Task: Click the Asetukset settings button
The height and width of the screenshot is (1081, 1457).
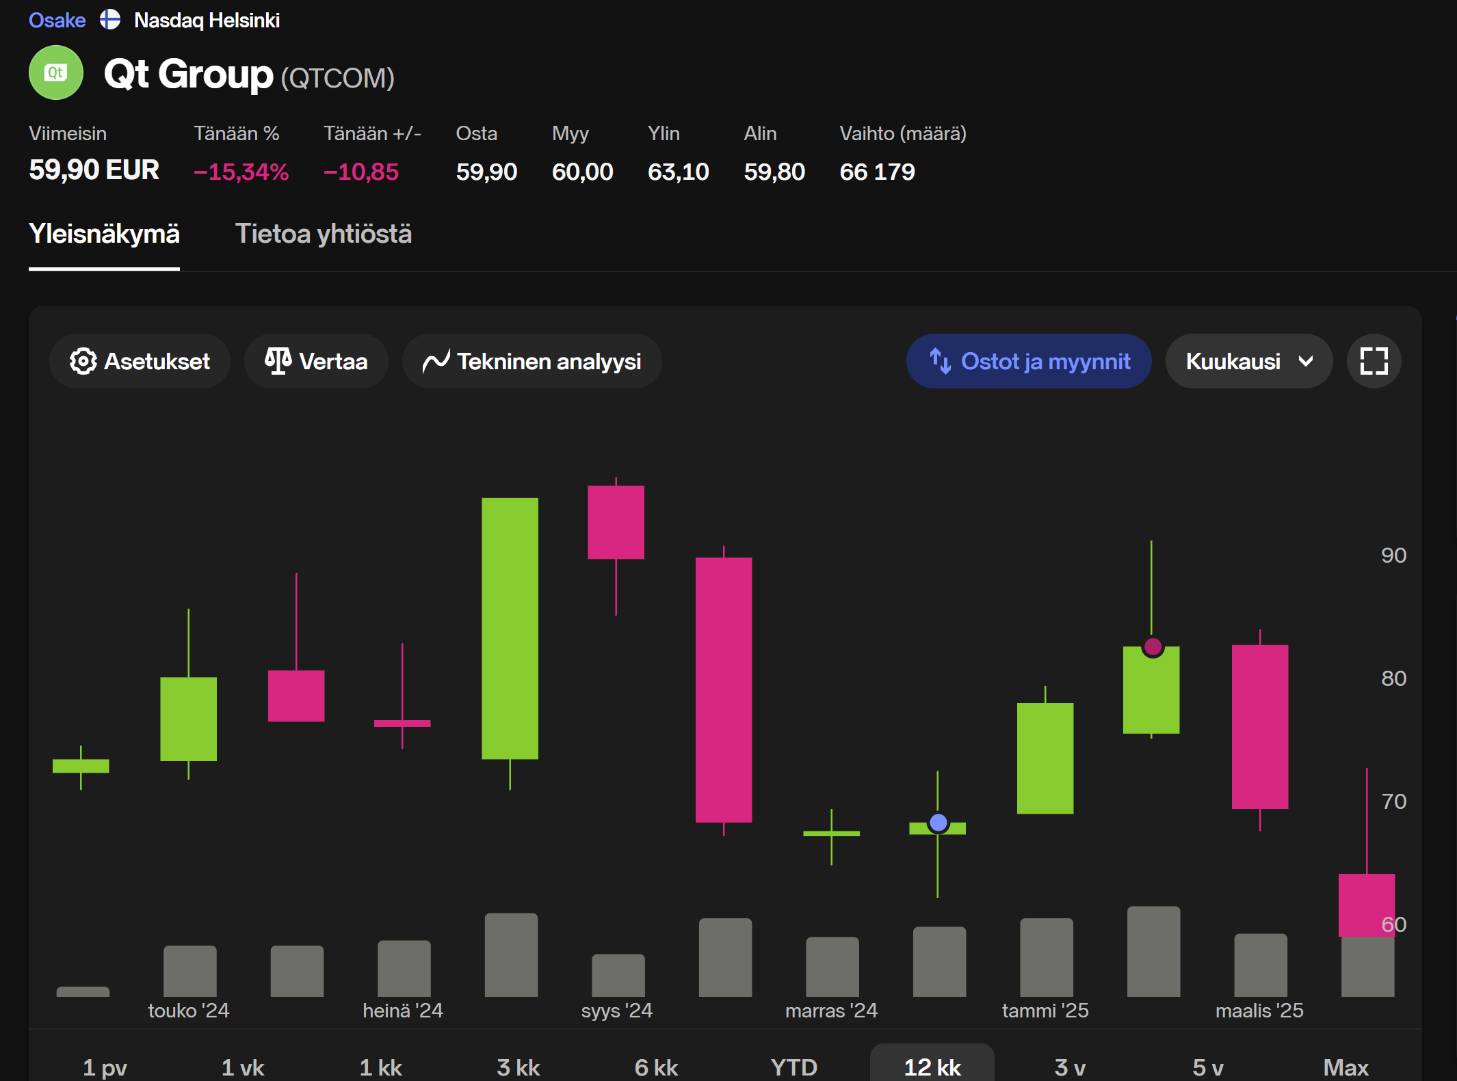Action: [x=140, y=361]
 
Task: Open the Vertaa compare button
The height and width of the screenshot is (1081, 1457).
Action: [x=316, y=361]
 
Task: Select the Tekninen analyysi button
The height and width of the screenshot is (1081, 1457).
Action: [x=532, y=361]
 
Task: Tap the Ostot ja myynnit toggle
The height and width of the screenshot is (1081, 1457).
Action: [x=1029, y=361]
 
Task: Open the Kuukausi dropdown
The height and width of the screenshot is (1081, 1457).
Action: [x=1248, y=361]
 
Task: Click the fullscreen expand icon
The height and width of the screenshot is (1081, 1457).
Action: [x=1374, y=361]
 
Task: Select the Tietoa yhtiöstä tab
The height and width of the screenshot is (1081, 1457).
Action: [x=324, y=234]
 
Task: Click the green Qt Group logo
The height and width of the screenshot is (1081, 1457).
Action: [x=56, y=72]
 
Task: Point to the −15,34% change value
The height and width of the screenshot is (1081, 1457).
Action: [x=241, y=172]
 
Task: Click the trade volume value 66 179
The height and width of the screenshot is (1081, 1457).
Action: [x=877, y=172]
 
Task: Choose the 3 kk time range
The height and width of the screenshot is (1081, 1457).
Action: [x=519, y=1067]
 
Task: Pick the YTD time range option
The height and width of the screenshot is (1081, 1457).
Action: [x=793, y=1067]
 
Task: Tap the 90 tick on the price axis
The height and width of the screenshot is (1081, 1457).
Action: [x=1393, y=555]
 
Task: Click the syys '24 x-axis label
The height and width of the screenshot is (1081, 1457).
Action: [x=616, y=1011]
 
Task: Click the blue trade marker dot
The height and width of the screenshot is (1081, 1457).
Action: [x=938, y=823]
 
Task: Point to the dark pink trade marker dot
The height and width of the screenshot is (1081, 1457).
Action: [x=1153, y=646]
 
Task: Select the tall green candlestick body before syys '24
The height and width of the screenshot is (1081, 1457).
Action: [x=510, y=628]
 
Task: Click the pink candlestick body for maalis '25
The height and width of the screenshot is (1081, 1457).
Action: [x=1259, y=726]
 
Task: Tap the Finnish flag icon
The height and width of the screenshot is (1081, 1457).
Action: [x=110, y=20]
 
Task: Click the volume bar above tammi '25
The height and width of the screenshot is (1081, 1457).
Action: [x=1046, y=957]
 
